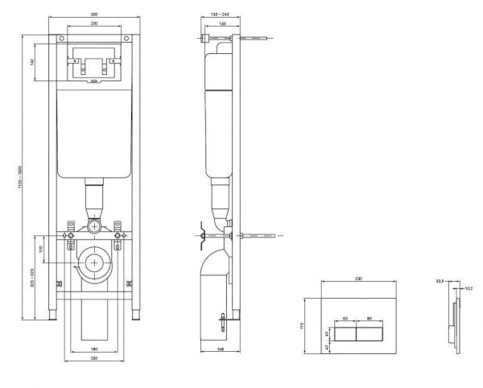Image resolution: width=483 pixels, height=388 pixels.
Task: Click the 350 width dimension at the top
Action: (93, 15)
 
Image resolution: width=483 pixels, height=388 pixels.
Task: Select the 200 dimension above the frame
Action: (93, 25)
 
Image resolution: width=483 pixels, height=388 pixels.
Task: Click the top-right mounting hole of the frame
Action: (126, 39)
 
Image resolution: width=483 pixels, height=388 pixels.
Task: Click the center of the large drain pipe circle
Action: (94, 262)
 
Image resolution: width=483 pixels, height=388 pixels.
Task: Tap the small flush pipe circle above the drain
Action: (95, 226)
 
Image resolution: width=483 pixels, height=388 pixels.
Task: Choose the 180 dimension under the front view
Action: (93, 348)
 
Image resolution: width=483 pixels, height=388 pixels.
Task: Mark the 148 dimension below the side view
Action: (221, 349)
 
